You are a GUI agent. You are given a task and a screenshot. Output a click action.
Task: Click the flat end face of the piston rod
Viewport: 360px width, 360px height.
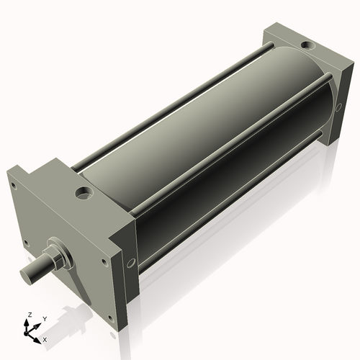click(x=27, y=275)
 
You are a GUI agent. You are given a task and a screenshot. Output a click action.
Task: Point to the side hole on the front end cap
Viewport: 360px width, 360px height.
click(x=130, y=264)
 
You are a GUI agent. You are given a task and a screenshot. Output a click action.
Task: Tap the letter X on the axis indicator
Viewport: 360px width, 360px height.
click(x=45, y=338)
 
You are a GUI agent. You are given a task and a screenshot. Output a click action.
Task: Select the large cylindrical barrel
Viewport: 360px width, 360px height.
click(x=209, y=144)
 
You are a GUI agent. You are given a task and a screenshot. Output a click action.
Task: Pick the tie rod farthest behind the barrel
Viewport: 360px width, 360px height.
click(x=180, y=94)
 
